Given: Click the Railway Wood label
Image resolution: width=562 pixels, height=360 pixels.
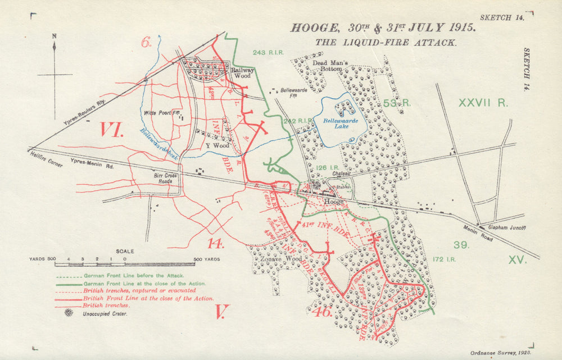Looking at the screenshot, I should click(243, 72).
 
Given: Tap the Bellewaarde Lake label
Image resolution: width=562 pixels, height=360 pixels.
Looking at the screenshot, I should click(342, 123).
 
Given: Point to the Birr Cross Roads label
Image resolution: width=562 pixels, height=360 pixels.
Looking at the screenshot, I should click(166, 178).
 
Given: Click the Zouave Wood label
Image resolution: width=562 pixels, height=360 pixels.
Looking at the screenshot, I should click(286, 259).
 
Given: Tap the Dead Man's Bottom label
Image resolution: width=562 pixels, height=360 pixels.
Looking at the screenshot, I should click(331, 66).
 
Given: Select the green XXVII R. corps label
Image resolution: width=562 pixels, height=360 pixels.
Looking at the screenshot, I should click(483, 102).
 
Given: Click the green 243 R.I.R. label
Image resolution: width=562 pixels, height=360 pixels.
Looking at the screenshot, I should click(267, 52).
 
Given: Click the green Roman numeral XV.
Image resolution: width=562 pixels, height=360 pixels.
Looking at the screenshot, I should click(516, 260).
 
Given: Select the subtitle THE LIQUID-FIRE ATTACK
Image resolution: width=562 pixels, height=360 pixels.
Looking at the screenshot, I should click(386, 42).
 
